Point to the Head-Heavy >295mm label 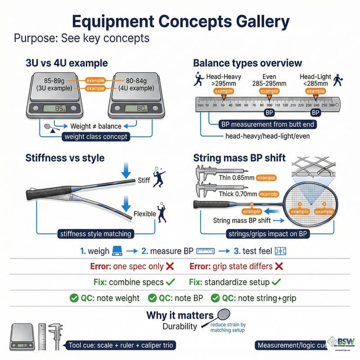[223, 80]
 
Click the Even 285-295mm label [269, 80]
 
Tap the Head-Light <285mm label [315, 80]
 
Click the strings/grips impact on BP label [268, 234]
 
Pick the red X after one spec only [170, 266]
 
